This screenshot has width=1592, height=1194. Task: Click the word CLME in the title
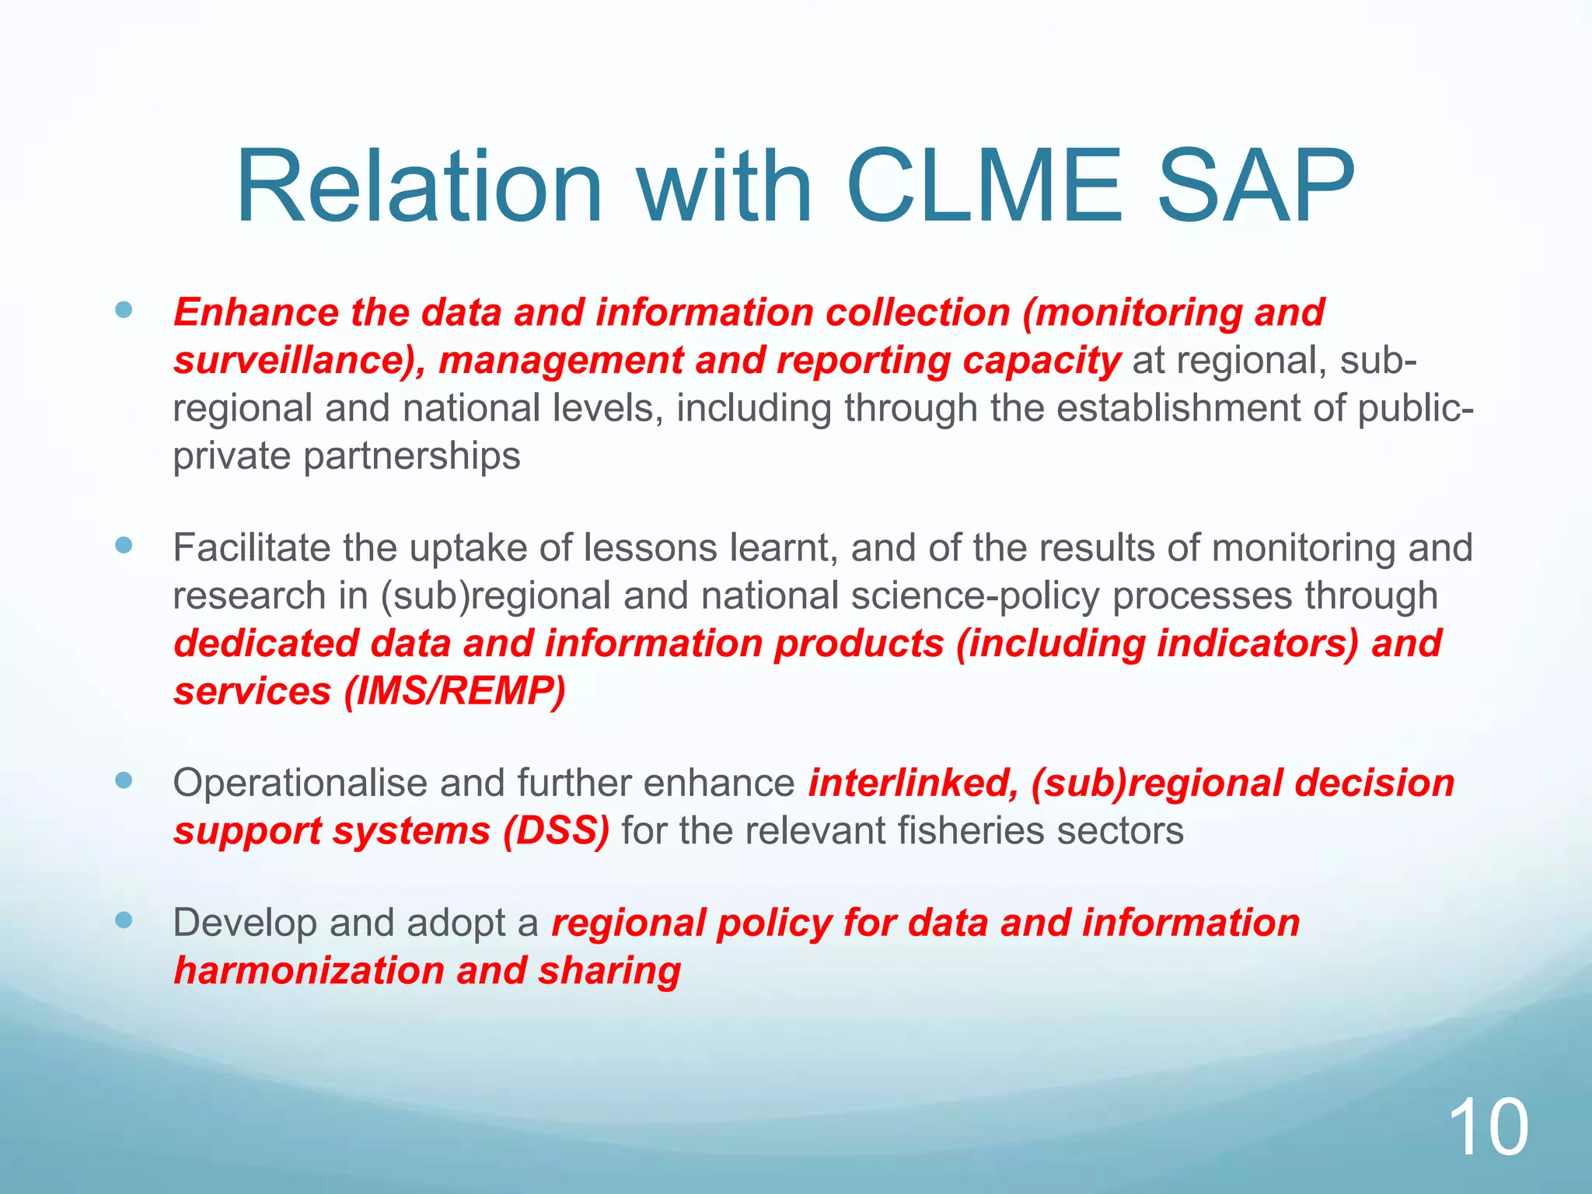[x=984, y=187]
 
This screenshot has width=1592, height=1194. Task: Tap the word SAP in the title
[x=1255, y=187]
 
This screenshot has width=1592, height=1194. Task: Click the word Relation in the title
[x=419, y=187]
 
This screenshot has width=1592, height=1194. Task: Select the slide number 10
[x=1488, y=1128]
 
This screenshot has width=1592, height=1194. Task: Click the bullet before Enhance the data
[x=124, y=311]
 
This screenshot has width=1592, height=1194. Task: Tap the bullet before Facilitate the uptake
[x=124, y=546]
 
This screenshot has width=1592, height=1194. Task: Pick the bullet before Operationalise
[x=124, y=780]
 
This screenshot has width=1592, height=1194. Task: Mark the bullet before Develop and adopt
[x=124, y=921]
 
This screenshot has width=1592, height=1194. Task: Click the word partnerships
[x=411, y=456]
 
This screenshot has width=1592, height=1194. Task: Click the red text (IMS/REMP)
[x=455, y=691]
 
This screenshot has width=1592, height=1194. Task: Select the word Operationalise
[x=299, y=783]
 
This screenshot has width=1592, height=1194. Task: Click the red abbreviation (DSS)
[x=556, y=831]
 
